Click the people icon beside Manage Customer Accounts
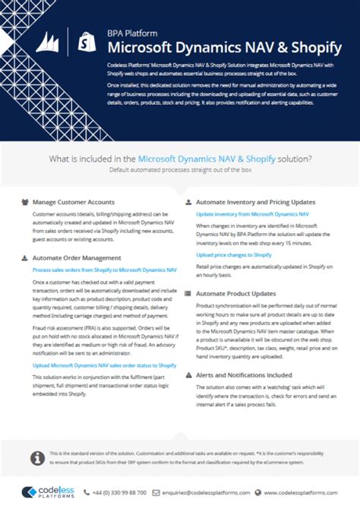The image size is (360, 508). pyautogui.click(x=25, y=202)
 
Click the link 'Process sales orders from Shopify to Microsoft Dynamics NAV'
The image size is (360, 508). pyautogui.click(x=104, y=270)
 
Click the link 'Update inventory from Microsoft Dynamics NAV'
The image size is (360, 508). pyautogui.click(x=252, y=214)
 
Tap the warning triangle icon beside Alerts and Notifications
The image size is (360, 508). pyautogui.click(x=189, y=374)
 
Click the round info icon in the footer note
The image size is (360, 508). pyautogui.click(x=34, y=458)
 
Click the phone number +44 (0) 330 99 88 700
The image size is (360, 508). pyautogui.click(x=134, y=492)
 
